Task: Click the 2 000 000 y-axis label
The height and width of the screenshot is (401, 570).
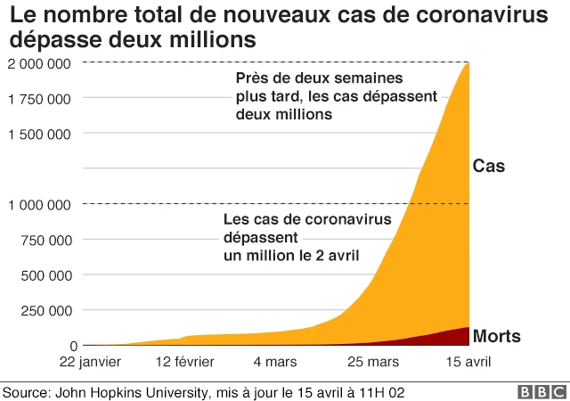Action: point(39,63)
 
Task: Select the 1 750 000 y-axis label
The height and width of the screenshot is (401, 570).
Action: point(39,98)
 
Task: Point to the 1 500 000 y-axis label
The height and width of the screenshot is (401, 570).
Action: point(39,134)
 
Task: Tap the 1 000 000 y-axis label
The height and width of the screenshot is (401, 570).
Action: point(39,204)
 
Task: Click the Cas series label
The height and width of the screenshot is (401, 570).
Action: point(489,167)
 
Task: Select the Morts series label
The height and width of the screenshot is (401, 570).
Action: point(497,336)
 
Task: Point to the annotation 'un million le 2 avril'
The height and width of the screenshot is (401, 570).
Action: point(290,256)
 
